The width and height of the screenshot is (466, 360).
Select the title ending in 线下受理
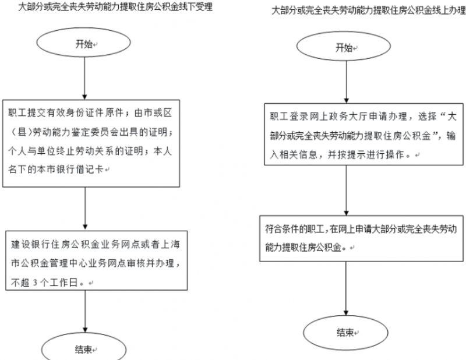pyautogui.click(x=115, y=7)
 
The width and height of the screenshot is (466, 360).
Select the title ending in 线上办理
pyautogui.click(x=369, y=10)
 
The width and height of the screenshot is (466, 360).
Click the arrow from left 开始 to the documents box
pyautogui.click(x=84, y=79)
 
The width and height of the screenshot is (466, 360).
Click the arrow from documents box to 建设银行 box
pyautogui.click(x=85, y=209)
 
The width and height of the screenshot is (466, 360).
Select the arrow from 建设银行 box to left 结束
pyautogui.click(x=85, y=312)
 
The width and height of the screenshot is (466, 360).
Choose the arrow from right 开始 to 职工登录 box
pyautogui.click(x=346, y=82)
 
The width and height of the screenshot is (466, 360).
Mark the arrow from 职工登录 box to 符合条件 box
pyautogui.click(x=346, y=190)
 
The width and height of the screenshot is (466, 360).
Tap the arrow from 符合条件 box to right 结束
pyautogui.click(x=346, y=289)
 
